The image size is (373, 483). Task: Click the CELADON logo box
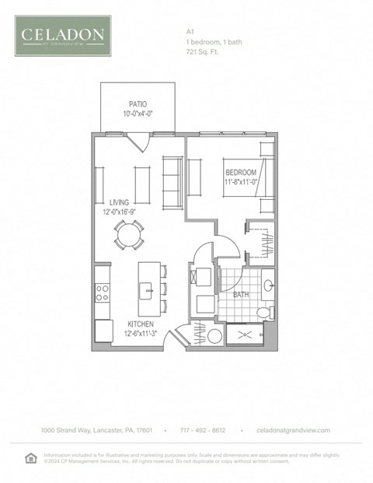pyautogui.click(x=63, y=36)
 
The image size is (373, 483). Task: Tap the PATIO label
pyautogui.click(x=138, y=104)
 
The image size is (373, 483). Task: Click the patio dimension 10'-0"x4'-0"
pyautogui.click(x=138, y=114)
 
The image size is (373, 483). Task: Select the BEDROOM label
pyautogui.click(x=240, y=173)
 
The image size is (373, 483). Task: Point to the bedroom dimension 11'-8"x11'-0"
pyautogui.click(x=240, y=183)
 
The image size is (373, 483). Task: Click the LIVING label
pyautogui.click(x=119, y=202)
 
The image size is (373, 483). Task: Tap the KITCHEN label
pyautogui.click(x=141, y=324)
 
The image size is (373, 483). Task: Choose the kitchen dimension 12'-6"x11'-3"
pyautogui.click(x=141, y=334)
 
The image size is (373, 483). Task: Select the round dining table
pyautogui.click(x=129, y=234)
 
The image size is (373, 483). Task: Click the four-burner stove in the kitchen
pyautogui.click(x=102, y=292)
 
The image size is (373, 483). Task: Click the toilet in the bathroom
pyautogui.click(x=263, y=312)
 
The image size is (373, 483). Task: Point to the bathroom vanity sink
pyautogui.click(x=267, y=285)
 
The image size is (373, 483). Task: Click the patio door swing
pyautogui.click(x=137, y=142)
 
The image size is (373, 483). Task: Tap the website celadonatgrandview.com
pyautogui.click(x=293, y=430)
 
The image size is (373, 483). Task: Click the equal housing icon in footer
pyautogui.click(x=30, y=457)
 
